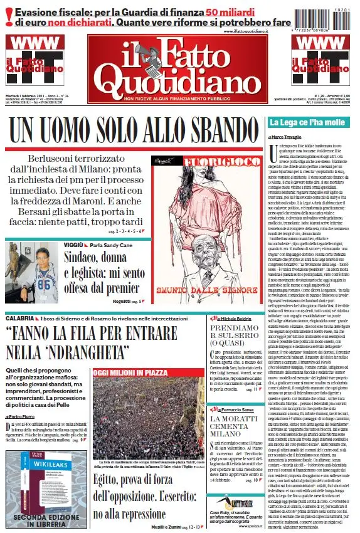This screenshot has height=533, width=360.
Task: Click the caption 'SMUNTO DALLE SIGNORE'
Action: click(x=206, y=292)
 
